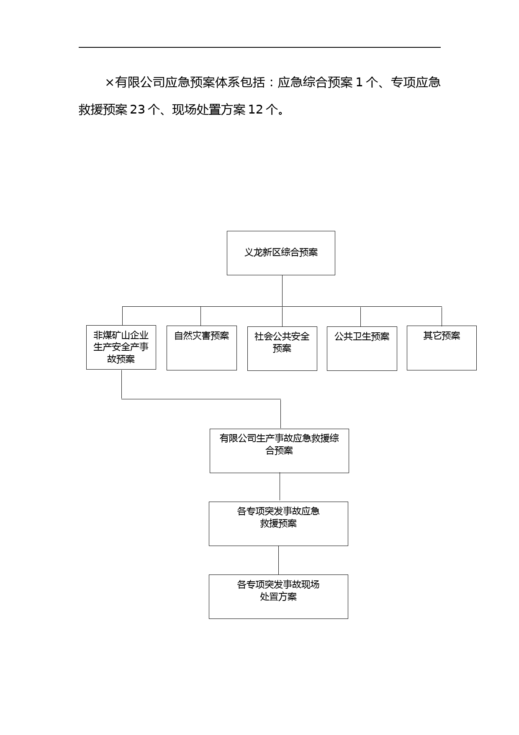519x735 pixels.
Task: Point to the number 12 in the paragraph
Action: tap(255, 110)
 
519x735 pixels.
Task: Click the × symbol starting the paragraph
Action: tap(110, 83)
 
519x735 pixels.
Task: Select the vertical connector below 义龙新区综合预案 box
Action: tap(282, 291)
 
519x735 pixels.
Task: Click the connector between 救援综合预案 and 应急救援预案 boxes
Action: tap(280, 487)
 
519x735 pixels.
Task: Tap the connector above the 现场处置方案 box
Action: tap(278, 560)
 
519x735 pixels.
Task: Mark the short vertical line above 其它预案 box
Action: tap(442, 316)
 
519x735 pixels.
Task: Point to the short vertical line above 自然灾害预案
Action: tap(200, 316)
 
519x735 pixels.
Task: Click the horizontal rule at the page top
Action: tap(259, 47)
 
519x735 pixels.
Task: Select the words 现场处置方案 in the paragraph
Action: tap(209, 110)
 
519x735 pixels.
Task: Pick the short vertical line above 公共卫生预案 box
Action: tap(360, 316)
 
